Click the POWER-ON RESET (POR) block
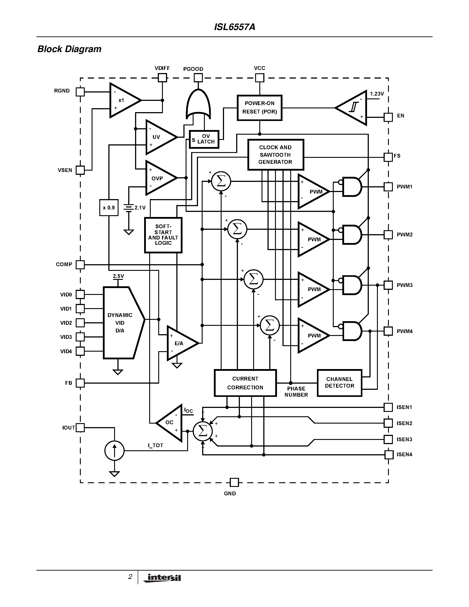[x=259, y=107]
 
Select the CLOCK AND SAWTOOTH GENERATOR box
[x=275, y=155]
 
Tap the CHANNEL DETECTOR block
[x=339, y=383]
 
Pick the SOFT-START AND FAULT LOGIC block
[x=163, y=235]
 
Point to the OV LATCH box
[x=204, y=139]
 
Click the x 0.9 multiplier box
[x=109, y=208]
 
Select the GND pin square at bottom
[x=234, y=482]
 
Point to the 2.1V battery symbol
[x=129, y=208]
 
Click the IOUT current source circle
[x=114, y=451]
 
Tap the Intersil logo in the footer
[x=162, y=578]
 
